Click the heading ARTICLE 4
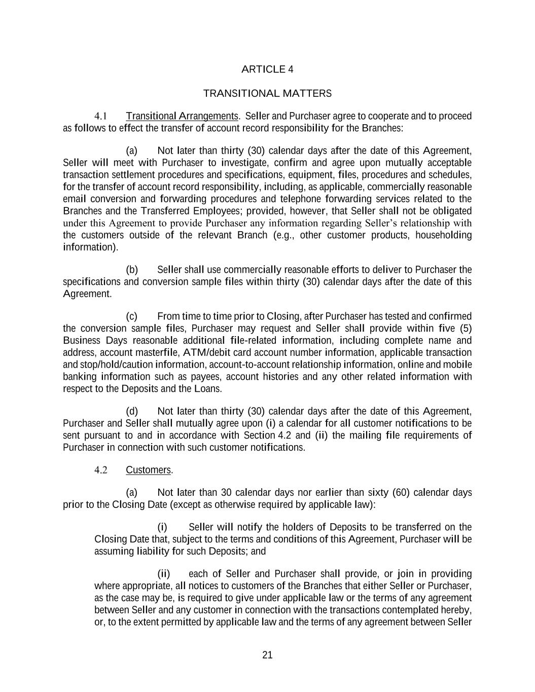[267, 69]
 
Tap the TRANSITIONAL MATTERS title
[267, 93]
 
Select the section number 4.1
[100, 116]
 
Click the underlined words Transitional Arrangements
[182, 116]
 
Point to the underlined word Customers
[149, 470]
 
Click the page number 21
[267, 655]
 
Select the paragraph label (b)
[131, 270]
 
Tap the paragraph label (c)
[131, 316]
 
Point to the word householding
[443, 235]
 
